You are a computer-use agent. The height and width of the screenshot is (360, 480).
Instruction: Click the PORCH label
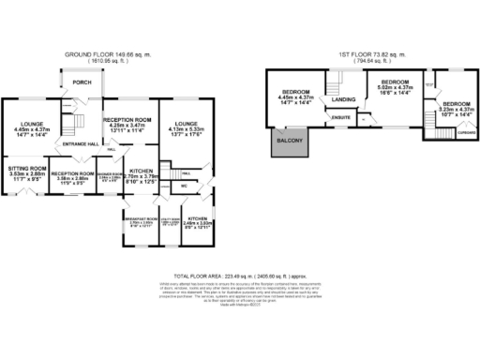[82, 82]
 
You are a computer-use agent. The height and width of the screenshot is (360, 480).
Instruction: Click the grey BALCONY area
[287, 142]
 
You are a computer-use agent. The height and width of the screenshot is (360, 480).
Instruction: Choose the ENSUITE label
[341, 117]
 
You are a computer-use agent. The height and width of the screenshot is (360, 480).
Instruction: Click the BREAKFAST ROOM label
[140, 217]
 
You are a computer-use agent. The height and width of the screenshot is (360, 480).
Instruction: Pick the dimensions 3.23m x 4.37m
[457, 109]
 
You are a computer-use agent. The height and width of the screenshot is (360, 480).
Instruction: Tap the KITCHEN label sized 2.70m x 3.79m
[143, 171]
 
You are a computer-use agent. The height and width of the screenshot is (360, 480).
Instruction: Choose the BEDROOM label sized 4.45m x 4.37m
[295, 92]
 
